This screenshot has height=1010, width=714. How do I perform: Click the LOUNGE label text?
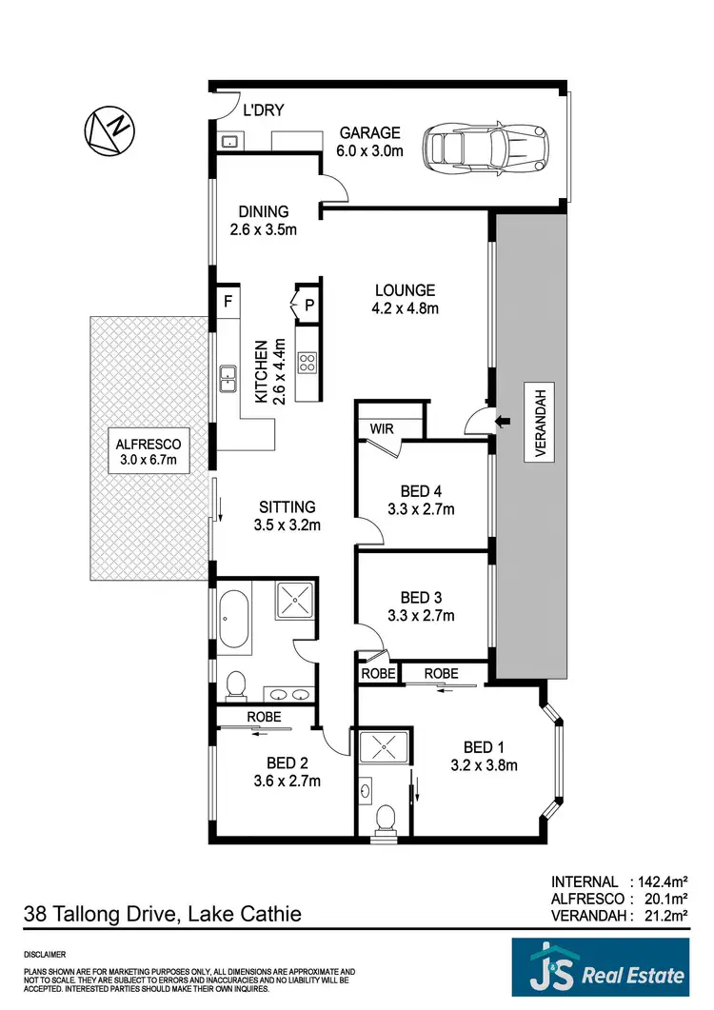(x=405, y=290)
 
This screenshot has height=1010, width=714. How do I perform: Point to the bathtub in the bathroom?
(x=233, y=622)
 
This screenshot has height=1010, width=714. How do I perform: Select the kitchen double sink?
(x=228, y=378)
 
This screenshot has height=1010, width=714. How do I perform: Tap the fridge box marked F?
(x=227, y=303)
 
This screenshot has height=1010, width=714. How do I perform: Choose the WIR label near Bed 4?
(x=383, y=429)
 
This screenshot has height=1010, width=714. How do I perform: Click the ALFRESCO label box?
(x=148, y=453)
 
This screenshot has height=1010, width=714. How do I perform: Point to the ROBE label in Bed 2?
(x=264, y=717)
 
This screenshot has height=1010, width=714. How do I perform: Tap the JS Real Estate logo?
(x=600, y=973)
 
